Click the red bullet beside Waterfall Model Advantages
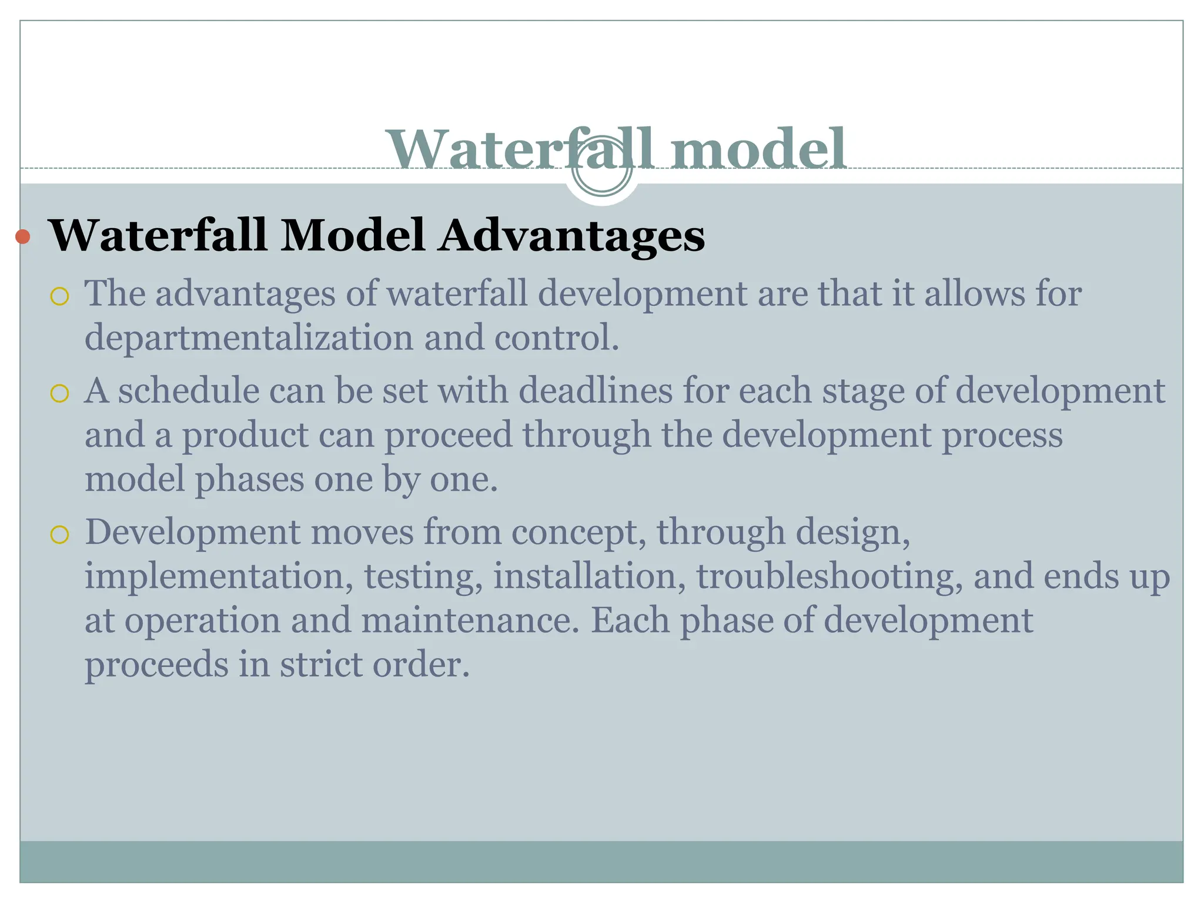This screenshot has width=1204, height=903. (x=23, y=237)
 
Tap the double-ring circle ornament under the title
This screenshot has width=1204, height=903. (x=602, y=171)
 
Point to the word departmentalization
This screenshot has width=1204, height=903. (x=249, y=338)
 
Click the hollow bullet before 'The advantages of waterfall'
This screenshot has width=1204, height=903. (x=59, y=297)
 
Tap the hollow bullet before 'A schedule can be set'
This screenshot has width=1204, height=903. (x=59, y=393)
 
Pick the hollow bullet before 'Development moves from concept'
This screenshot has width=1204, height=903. (x=59, y=534)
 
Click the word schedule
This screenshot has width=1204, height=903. (x=189, y=391)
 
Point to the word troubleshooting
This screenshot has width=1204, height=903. (x=830, y=577)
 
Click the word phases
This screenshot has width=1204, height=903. (x=249, y=479)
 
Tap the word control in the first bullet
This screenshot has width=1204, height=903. (x=556, y=338)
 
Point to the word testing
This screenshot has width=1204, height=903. (x=423, y=577)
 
